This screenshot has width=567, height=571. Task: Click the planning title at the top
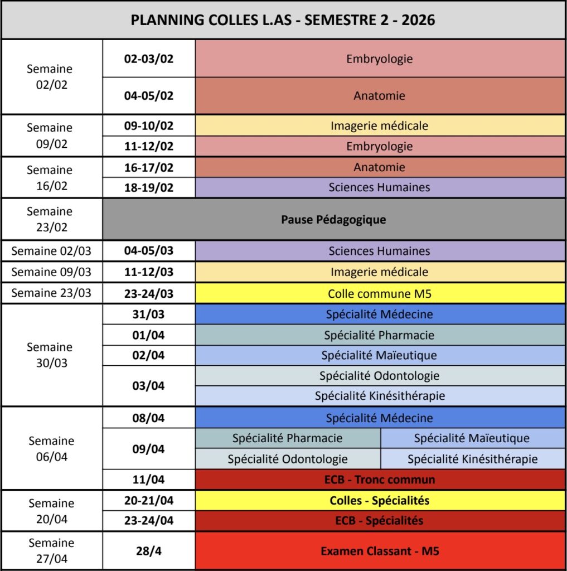pos(283,20)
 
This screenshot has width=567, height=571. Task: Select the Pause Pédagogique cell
pos(333,219)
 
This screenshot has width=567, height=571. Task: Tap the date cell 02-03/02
pos(148,59)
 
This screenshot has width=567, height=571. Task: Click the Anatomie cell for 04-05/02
pos(379,95)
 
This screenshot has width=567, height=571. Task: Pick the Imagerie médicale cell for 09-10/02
pos(379,125)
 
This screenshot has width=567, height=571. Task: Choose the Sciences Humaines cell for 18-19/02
pos(379,187)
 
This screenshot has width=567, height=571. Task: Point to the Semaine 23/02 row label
pos(50,219)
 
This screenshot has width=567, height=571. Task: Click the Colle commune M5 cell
pos(379,293)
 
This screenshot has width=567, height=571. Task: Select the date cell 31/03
pos(148,314)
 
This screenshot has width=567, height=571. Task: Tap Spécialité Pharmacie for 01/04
pos(379,335)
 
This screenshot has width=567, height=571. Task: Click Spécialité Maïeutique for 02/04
pos(379,355)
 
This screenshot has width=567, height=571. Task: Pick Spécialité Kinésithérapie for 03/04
pos(379,396)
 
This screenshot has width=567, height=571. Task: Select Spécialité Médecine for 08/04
pos(379,418)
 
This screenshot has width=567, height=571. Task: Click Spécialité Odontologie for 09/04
pos(288,459)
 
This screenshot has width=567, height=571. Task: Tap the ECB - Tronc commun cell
pos(379,479)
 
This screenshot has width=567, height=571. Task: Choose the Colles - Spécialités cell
pos(379,500)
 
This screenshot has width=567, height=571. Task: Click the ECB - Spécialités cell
pos(379,521)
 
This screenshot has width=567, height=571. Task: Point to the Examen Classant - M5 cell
pos(379,551)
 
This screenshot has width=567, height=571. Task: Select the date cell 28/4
pos(148,551)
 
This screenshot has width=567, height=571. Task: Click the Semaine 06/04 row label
pos(51,448)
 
